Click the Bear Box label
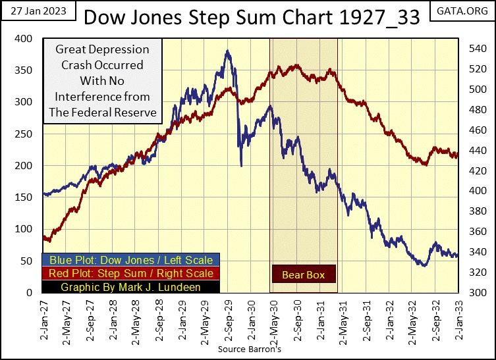[303, 274]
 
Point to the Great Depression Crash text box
[102, 81]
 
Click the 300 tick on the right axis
[476, 292]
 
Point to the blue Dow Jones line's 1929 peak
[227, 51]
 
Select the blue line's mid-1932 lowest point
[424, 265]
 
